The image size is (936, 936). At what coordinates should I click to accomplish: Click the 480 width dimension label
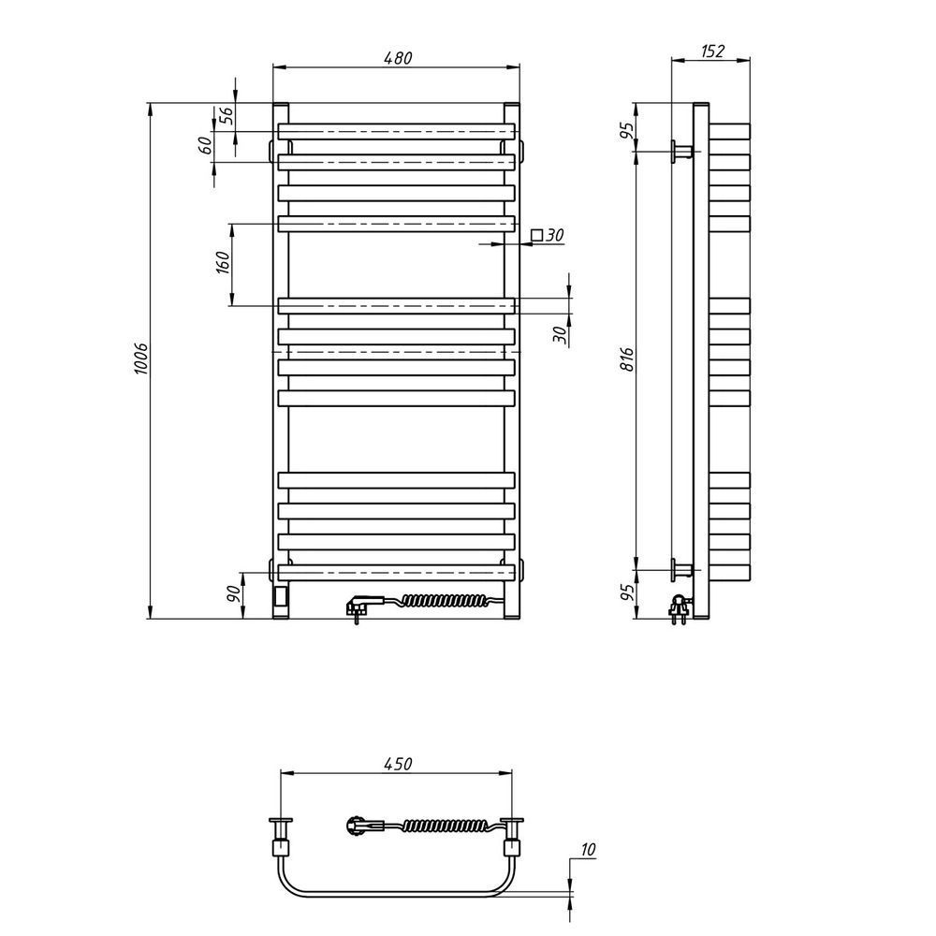point(398,58)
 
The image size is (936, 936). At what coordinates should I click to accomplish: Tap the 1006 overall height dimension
point(141,358)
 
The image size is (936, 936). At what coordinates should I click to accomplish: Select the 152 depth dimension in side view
point(712,51)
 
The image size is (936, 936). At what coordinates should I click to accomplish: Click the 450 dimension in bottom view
point(398,764)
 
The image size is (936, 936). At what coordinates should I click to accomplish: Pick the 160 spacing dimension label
point(222,263)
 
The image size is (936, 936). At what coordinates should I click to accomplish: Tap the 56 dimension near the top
point(227,115)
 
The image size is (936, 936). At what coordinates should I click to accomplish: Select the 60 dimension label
point(205,146)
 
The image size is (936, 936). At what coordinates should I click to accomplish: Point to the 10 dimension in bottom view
point(588,849)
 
